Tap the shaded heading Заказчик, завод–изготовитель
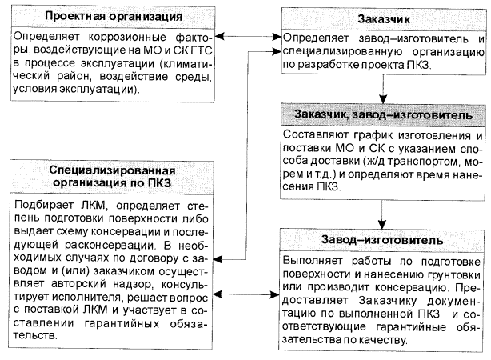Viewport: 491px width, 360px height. point(383,115)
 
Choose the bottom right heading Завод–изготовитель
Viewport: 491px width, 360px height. point(382,239)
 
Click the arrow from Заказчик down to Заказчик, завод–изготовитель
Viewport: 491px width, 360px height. point(382,88)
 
